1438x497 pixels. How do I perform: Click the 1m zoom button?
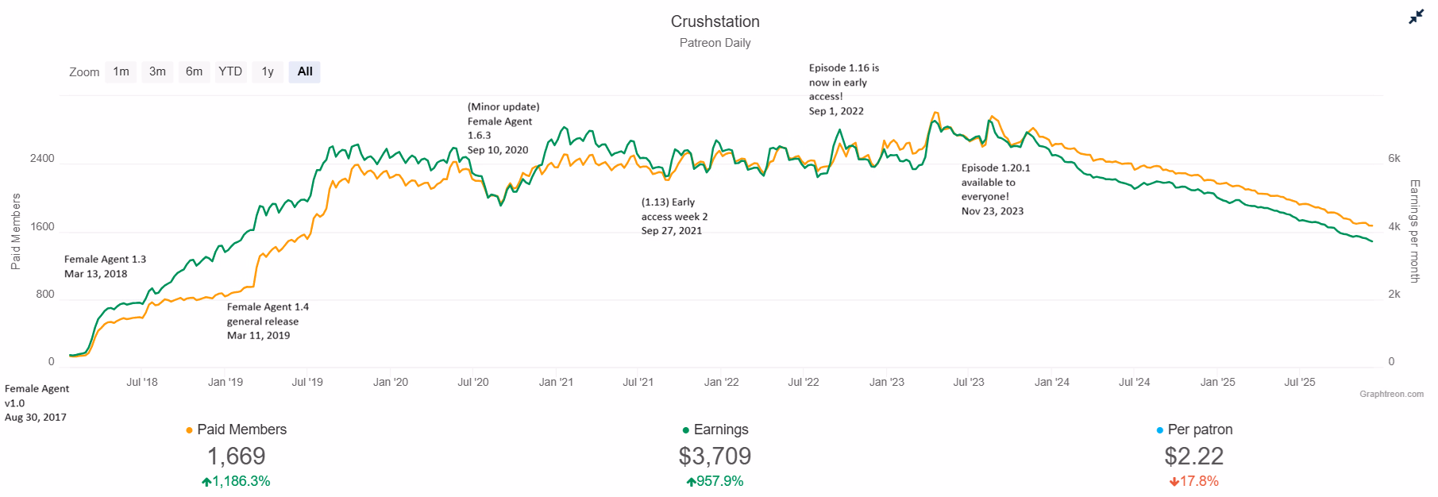coord(121,72)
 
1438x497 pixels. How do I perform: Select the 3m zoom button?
coord(157,72)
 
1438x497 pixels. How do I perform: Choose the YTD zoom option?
coord(230,72)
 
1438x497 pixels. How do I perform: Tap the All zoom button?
coord(305,72)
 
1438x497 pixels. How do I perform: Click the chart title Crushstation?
coord(715,21)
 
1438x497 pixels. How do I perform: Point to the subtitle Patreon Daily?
coord(715,43)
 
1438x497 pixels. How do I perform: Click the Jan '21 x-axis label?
coord(556,382)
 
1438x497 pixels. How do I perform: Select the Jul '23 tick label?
coord(969,382)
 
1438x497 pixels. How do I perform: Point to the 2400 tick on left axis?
coord(42,159)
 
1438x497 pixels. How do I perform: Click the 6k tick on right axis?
coord(1394,159)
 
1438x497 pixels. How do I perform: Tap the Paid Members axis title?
coord(16,231)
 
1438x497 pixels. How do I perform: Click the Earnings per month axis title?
coord(1414,231)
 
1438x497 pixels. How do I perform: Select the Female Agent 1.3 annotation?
coord(105,267)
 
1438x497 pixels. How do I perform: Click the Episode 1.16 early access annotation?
coord(844,90)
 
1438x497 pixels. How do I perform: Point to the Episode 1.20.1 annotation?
coord(996,190)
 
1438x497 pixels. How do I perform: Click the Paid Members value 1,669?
coord(237,457)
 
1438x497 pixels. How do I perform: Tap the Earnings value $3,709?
coord(715,457)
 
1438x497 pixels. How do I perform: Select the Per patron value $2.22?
coord(1193,457)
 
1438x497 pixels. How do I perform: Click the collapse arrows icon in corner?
coord(1416,17)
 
